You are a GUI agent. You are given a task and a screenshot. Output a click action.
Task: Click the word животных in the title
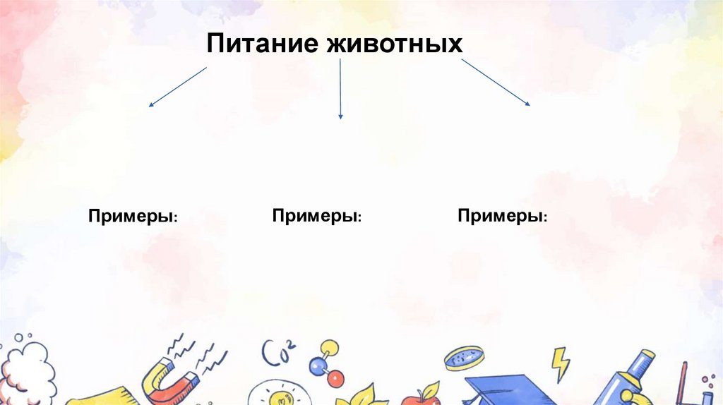pos(395,44)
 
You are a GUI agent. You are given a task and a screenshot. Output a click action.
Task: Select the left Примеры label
pos(132,215)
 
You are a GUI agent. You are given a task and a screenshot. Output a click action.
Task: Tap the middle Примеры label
pos(317,215)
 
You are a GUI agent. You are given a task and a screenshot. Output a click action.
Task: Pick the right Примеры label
pos(502,215)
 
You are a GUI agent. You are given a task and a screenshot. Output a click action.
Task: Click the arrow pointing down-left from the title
pos(177,86)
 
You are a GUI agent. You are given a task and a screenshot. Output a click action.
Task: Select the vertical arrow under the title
pos(340,88)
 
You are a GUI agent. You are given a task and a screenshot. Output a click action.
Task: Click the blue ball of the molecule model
pos(314,366)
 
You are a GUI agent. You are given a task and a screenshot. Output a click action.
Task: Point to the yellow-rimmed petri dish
pos(464,358)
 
